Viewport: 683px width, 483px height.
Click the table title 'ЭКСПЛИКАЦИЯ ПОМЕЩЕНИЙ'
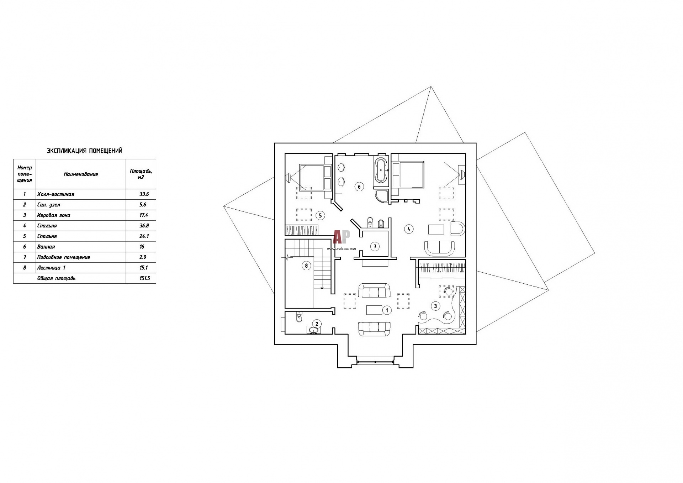(85, 151)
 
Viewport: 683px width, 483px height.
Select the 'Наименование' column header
(81, 174)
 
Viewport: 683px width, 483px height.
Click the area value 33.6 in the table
(144, 194)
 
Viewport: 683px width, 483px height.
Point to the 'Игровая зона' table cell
(54, 215)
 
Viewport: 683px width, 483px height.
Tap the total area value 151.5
(145, 278)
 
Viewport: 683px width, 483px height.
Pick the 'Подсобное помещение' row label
(64, 257)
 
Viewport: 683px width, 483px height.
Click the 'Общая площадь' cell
(56, 278)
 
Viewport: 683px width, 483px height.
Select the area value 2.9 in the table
(143, 257)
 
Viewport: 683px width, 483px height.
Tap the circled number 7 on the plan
(374, 246)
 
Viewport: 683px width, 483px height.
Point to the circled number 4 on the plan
(409, 229)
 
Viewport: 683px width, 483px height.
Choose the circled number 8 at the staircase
(306, 266)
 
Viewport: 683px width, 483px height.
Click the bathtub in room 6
(381, 170)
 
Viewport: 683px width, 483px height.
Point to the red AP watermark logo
(341, 236)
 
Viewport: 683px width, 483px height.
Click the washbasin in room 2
(314, 331)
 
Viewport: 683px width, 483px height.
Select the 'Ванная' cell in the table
(46, 247)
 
